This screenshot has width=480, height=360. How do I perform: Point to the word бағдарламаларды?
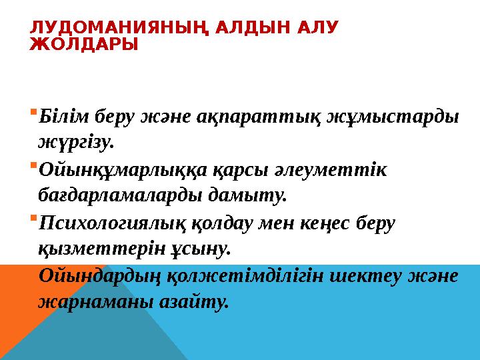(114, 195)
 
